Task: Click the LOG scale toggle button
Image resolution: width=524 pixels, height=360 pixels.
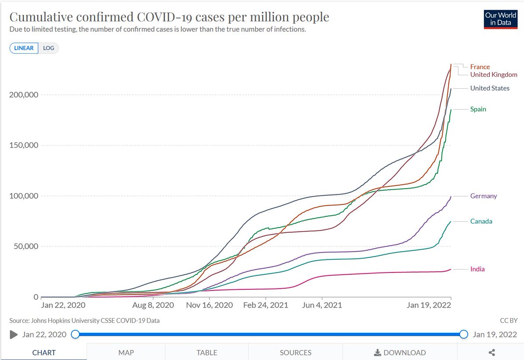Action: [x=48, y=48]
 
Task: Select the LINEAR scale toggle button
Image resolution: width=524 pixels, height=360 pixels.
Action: [x=24, y=48]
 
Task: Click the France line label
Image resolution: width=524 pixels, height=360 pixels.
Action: [x=480, y=67]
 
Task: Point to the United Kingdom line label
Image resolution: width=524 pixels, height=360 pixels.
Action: [x=493, y=75]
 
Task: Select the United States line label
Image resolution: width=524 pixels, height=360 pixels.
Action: [x=490, y=88]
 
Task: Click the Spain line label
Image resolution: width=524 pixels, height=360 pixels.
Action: [x=478, y=109]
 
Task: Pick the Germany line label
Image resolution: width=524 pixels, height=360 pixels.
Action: [x=483, y=196]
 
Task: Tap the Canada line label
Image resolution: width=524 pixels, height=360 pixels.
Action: [x=481, y=222]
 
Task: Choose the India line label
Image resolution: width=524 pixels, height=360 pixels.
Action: [x=477, y=269]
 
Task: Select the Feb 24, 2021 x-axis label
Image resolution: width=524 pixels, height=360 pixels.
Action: [x=265, y=305]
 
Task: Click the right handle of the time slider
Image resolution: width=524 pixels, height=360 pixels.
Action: [x=464, y=335]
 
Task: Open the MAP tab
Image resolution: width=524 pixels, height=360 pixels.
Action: [x=126, y=353]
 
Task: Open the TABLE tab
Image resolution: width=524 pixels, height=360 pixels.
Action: [x=207, y=353]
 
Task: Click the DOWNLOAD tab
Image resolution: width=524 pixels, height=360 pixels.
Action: [x=400, y=353]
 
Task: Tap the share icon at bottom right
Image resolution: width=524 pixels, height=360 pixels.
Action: [x=491, y=353]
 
